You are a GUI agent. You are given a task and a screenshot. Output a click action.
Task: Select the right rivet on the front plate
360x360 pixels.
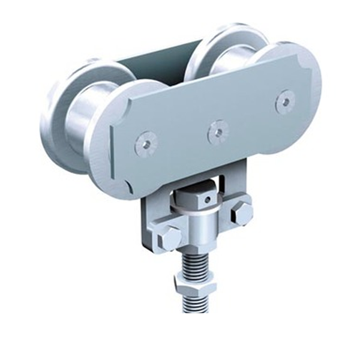pyautogui.click(x=285, y=101)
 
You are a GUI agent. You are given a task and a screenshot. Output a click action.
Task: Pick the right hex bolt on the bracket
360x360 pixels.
pyautogui.click(x=242, y=212)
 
